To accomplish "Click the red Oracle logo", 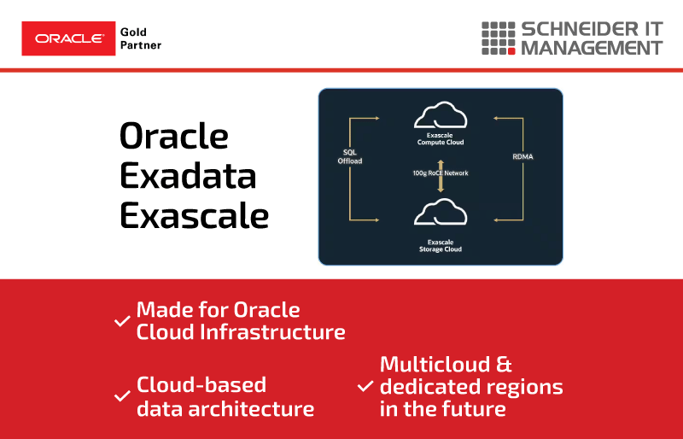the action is [x=68, y=38].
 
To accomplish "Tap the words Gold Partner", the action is [x=141, y=38].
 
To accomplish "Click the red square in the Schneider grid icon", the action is [x=511, y=51].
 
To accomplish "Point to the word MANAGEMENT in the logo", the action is [x=592, y=48].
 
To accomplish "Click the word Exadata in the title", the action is [x=188, y=176].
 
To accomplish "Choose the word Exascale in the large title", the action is [x=195, y=215].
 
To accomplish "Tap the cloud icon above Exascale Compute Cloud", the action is [x=441, y=114].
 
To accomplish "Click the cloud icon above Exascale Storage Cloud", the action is [x=441, y=212].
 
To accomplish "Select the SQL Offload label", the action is [x=350, y=156].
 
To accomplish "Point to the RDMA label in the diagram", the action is [x=522, y=156].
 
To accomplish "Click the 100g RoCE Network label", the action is [x=441, y=173].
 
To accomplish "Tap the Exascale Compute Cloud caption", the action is [x=441, y=138].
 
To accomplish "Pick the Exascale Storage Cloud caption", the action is [x=441, y=245].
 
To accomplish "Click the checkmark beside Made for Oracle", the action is [x=122, y=321].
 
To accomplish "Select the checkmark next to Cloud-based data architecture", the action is [x=122, y=396].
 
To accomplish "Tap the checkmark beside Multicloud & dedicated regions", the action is [x=365, y=386].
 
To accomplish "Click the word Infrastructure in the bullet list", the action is [x=272, y=332].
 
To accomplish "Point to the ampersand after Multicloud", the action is [x=504, y=365].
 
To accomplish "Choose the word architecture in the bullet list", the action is [x=251, y=409].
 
